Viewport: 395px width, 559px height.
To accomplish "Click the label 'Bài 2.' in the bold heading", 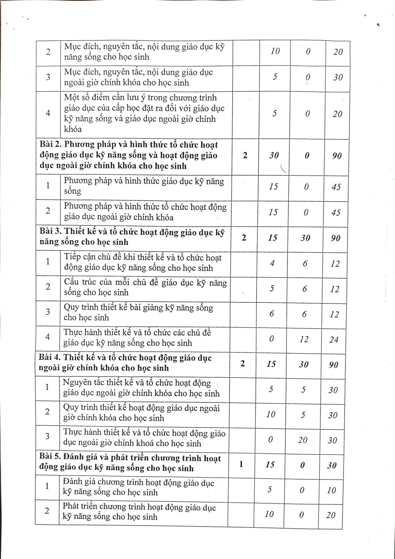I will (x=50, y=145).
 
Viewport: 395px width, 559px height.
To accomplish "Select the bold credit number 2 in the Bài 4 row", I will (x=243, y=364).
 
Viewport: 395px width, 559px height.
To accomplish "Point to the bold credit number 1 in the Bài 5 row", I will (x=241, y=464).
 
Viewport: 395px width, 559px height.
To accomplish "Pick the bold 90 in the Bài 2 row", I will (x=337, y=156).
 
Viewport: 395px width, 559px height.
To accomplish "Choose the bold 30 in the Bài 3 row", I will (x=305, y=238).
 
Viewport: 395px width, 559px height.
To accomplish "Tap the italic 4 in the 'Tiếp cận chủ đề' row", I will (x=273, y=263).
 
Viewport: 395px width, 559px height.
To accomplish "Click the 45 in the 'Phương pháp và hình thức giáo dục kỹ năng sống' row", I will (x=336, y=187).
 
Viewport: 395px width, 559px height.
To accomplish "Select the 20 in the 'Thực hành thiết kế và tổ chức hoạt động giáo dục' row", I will (x=302, y=440).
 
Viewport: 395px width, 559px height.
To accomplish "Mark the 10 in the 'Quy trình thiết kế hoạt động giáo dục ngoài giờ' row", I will (x=271, y=415).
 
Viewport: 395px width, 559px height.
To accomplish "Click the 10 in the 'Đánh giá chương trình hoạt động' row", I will (x=331, y=490).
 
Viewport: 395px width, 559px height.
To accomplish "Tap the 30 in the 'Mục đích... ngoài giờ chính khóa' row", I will (x=338, y=77).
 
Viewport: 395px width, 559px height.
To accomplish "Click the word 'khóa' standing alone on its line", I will (x=73, y=129).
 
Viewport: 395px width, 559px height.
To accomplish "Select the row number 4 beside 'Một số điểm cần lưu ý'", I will (x=48, y=113).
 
